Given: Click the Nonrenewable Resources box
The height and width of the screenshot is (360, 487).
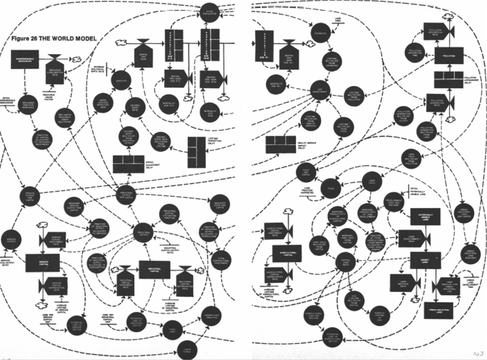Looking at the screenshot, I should click(27, 59).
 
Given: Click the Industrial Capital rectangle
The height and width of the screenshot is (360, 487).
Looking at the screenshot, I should click(154, 269).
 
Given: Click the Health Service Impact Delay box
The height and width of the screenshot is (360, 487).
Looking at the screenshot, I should click(281, 144).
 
